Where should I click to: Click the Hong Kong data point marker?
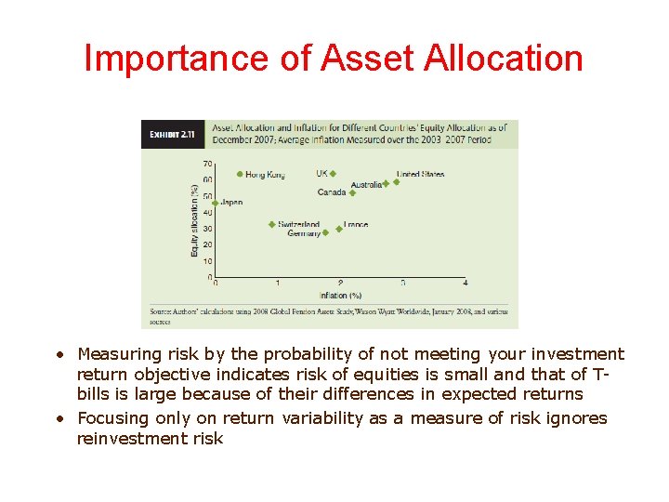[240, 174]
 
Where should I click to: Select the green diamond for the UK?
[333, 174]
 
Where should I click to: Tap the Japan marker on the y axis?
[216, 203]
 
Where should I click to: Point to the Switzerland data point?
[271, 224]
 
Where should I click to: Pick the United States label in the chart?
[420, 174]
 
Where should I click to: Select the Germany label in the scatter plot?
[304, 233]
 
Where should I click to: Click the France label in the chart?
[356, 225]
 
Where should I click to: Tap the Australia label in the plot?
[366, 185]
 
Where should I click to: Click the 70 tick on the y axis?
[207, 164]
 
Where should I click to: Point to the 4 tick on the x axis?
[465, 284]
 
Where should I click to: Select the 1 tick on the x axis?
[278, 284]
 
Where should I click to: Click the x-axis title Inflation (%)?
[340, 295]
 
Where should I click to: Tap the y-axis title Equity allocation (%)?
[194, 220]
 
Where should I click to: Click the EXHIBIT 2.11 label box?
[173, 134]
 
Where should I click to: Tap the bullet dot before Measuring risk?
[59, 355]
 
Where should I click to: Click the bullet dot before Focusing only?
[59, 419]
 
